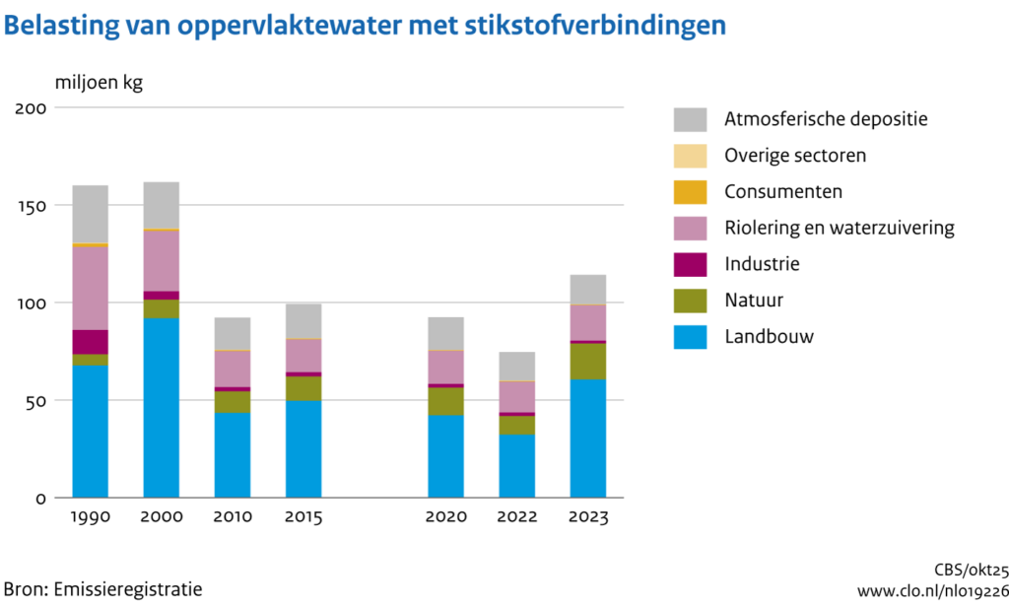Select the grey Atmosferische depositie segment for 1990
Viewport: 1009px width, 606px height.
pos(90,214)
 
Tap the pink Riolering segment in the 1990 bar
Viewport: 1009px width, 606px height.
pos(90,288)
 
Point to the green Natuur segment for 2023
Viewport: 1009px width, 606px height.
pos(587,362)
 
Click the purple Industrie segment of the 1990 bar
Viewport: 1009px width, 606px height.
pos(90,342)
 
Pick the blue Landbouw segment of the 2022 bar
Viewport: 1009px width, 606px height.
pos(516,466)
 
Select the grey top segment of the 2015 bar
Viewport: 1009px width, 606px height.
pos(303,321)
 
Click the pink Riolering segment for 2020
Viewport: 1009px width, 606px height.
pos(445,367)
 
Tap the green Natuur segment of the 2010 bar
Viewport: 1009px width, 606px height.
pos(233,402)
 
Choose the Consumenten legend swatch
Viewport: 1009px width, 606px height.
pos(690,192)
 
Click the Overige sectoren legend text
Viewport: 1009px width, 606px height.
pos(795,156)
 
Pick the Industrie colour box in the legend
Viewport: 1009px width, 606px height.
pos(690,264)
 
